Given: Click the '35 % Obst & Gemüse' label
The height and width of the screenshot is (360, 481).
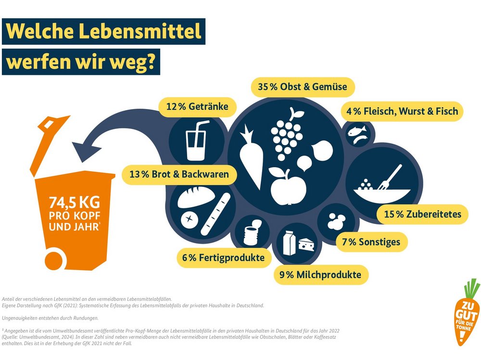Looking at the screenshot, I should pyautogui.click(x=303, y=87).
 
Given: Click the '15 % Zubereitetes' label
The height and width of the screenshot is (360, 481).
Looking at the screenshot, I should pyautogui.click(x=422, y=214).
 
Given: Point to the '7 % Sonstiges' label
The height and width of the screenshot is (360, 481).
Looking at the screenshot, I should pyautogui.click(x=371, y=241).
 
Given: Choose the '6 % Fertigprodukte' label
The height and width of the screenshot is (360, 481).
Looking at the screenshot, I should pyautogui.click(x=223, y=258).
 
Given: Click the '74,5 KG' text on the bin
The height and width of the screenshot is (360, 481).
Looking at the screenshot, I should pyautogui.click(x=75, y=201).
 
